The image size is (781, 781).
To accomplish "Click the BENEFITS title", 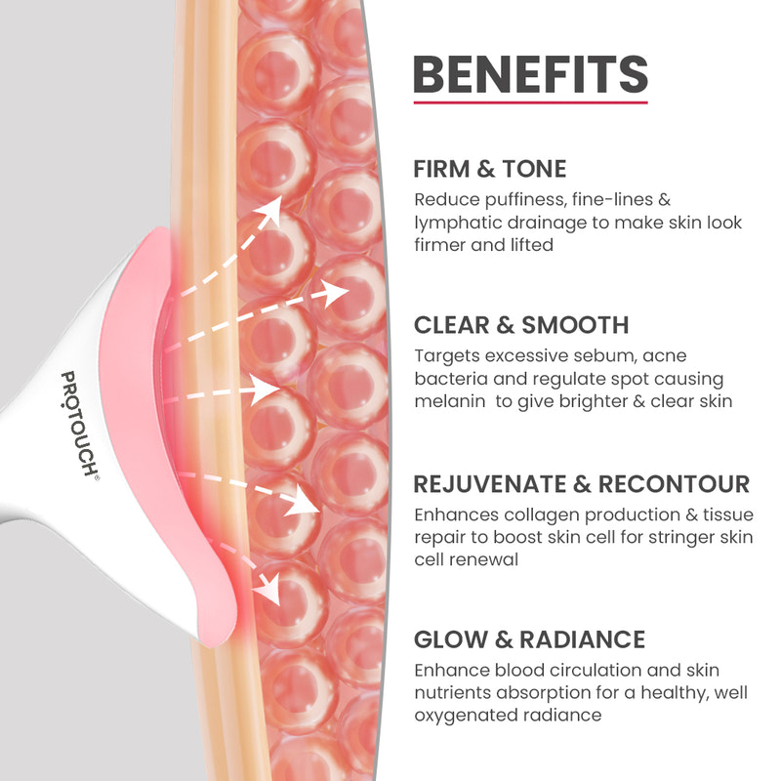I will (530, 74).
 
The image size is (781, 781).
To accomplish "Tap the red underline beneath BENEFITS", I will (530, 102).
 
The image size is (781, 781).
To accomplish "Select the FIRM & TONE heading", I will (489, 169).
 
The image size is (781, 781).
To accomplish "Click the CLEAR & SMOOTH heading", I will (521, 325).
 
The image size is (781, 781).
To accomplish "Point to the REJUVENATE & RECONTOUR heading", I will (581, 484).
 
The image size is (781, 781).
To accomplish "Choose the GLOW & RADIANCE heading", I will (529, 639).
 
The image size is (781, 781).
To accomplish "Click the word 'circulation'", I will (586, 671).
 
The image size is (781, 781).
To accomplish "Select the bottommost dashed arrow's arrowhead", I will (266, 590).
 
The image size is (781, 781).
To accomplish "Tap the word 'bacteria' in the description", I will (447, 379).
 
